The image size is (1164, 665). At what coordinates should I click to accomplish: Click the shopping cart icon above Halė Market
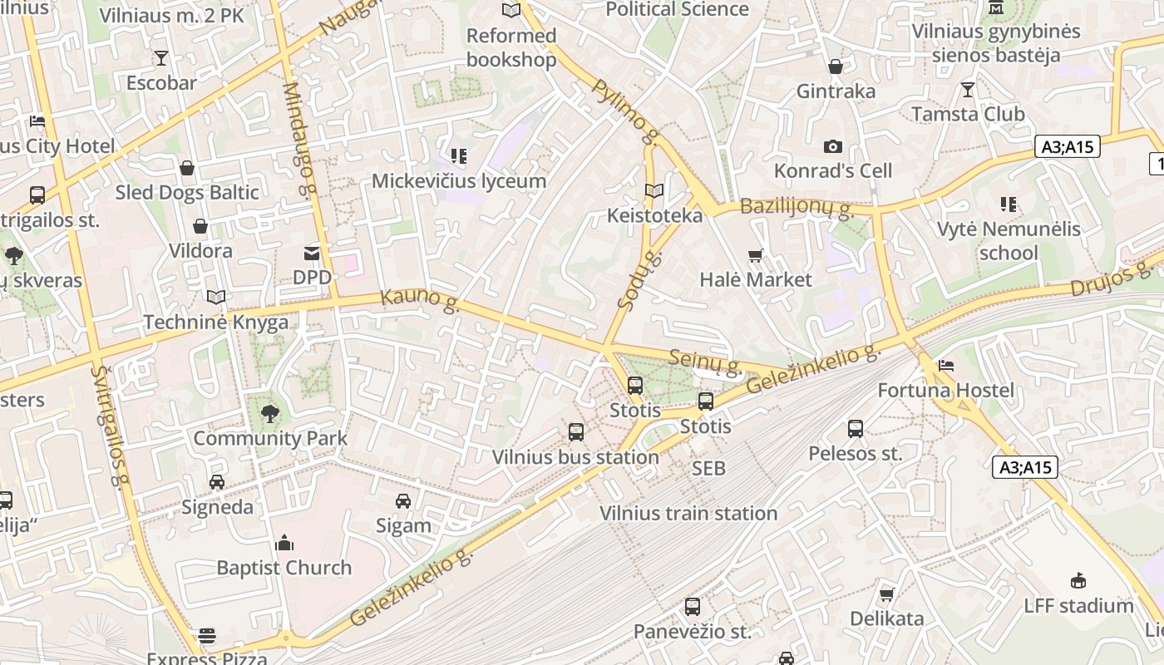tap(755, 255)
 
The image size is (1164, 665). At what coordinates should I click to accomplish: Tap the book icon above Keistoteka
tap(654, 191)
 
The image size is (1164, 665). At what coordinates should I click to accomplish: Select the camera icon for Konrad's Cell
tap(832, 147)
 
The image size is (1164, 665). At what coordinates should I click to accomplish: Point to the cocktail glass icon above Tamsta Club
tap(968, 89)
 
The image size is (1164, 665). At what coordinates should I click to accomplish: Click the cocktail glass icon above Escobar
tap(161, 58)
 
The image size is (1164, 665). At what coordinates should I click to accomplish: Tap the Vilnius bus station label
tap(575, 457)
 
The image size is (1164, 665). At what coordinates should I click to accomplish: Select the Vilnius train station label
tap(688, 514)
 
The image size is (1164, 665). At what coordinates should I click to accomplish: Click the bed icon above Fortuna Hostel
tap(945, 366)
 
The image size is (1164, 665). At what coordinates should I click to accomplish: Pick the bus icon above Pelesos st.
tap(856, 429)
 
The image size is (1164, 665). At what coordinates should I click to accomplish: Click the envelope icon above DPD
tap(312, 253)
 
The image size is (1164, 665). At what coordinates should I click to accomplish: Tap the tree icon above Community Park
tap(269, 413)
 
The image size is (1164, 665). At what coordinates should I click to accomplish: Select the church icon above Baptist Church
tap(284, 544)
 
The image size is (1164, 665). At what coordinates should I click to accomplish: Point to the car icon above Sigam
tap(403, 500)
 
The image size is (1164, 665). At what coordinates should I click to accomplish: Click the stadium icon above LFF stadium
tap(1078, 580)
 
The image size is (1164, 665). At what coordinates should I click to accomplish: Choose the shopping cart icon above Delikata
tap(886, 594)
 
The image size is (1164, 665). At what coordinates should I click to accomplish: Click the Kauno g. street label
tap(420, 301)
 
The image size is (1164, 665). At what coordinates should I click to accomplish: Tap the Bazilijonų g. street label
tap(797, 207)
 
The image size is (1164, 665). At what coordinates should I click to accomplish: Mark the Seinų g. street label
tap(706, 360)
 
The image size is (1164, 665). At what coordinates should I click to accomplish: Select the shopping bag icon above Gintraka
tap(836, 66)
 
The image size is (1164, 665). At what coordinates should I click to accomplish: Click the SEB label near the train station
tap(708, 469)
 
